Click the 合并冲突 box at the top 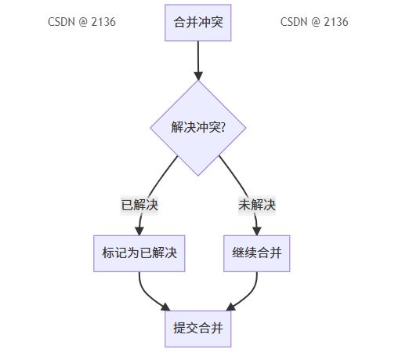[198, 23]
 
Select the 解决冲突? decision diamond [198, 128]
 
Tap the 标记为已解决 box [139, 253]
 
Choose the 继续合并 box [257, 253]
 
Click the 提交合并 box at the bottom [198, 329]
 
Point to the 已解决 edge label [139, 205]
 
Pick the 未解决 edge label [257, 205]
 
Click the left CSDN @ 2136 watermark [81, 22]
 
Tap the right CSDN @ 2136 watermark [314, 22]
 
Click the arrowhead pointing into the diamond [198, 76]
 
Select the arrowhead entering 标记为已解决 [139, 231]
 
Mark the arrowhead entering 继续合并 [257, 231]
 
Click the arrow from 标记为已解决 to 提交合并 [147, 294]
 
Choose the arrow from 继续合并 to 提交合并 [249, 294]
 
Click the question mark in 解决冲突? [223, 127]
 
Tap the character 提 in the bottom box [179, 328]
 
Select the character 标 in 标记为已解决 [108, 253]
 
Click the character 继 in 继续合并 [238, 253]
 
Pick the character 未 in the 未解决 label [244, 205]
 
